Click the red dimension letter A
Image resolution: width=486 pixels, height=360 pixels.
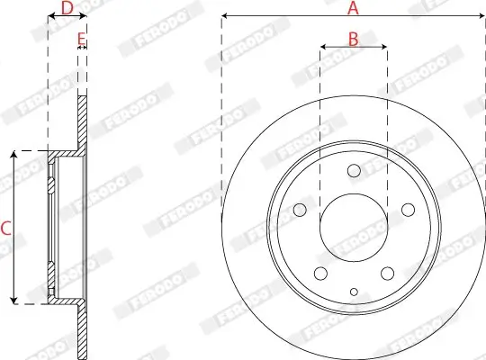pos(354,8)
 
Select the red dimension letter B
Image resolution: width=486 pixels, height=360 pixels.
pos(354,39)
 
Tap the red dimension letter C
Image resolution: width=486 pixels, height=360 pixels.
pos(5,229)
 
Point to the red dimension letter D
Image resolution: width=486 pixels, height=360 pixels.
pos(66,8)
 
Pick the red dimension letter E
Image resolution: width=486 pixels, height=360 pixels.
pos(81,39)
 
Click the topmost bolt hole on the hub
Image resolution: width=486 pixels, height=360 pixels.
pos(354,170)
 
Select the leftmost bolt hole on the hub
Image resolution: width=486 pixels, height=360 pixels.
pos(300,211)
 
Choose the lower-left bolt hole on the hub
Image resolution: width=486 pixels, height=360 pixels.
pos(319,274)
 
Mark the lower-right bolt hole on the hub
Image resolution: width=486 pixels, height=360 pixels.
pos(387,274)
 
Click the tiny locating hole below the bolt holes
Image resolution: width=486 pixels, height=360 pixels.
pos(354,291)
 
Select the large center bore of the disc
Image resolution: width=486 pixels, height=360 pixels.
pos(354,225)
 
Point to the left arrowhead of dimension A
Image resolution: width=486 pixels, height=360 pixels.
pos(225,16)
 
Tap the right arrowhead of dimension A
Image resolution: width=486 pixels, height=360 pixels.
pos(481,16)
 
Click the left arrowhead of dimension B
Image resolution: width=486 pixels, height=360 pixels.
pos(323,47)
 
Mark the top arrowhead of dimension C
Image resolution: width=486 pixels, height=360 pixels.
pos(13,155)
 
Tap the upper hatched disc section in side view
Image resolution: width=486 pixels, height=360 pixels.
pos(84,121)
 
